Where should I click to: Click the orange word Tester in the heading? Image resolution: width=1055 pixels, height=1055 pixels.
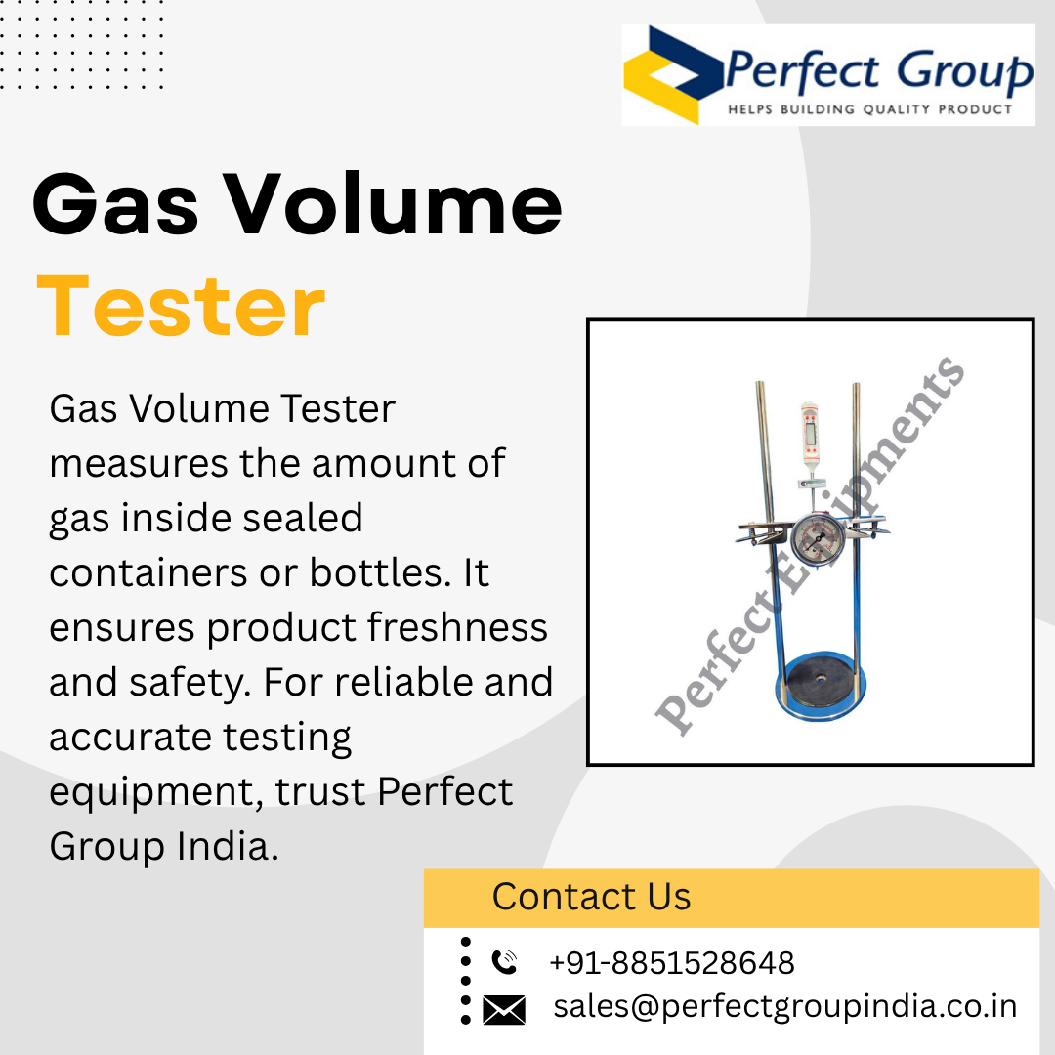click(181, 307)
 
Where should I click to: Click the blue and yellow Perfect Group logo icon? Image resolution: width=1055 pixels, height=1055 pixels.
click(673, 74)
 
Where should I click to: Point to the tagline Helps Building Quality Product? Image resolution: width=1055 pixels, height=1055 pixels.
click(870, 109)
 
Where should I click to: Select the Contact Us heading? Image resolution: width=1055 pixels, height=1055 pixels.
click(591, 896)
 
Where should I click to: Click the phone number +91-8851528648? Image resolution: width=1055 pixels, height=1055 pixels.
click(671, 963)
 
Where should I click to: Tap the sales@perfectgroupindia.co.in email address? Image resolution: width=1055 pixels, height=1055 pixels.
click(784, 1007)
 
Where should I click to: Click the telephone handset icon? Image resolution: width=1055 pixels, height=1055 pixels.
click(504, 961)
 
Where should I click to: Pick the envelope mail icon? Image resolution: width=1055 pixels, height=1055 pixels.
click(504, 1010)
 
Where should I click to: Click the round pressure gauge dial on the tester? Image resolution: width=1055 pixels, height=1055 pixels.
click(819, 539)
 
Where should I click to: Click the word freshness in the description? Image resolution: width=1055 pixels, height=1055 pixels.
click(457, 627)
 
